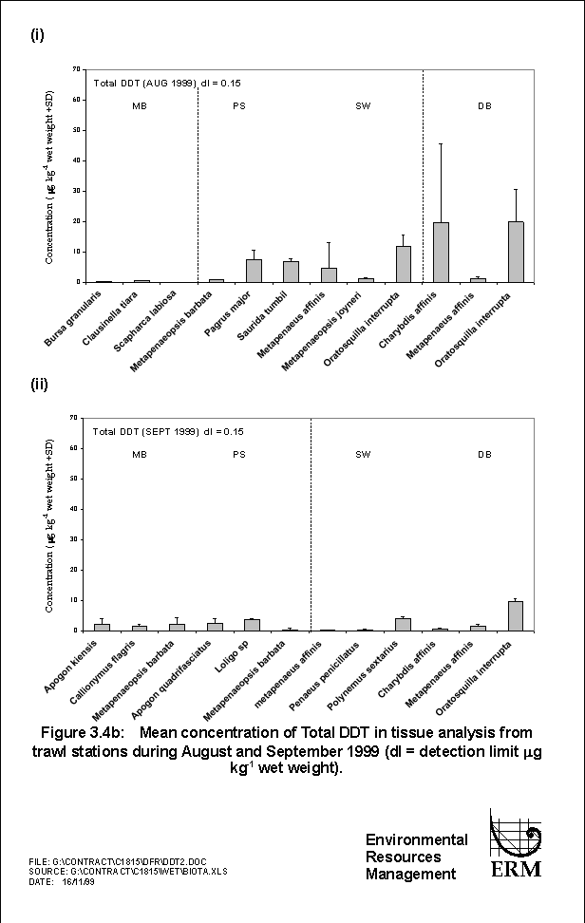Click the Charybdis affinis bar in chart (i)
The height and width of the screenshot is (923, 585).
[x=441, y=253]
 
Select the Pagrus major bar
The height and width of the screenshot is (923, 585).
[x=254, y=271]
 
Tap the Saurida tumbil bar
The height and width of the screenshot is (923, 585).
[x=291, y=272]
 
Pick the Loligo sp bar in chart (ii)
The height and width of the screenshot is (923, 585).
[x=252, y=625]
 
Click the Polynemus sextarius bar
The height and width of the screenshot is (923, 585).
[x=403, y=624]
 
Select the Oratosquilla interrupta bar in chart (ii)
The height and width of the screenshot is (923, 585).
[x=516, y=615]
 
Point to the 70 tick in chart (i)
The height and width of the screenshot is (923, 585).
[x=76, y=69]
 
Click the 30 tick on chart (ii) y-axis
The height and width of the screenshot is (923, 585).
[x=76, y=539]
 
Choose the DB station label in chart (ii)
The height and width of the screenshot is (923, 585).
[x=484, y=455]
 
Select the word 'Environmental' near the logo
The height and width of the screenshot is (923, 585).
[x=416, y=839]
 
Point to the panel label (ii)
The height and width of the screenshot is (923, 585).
[x=40, y=386]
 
